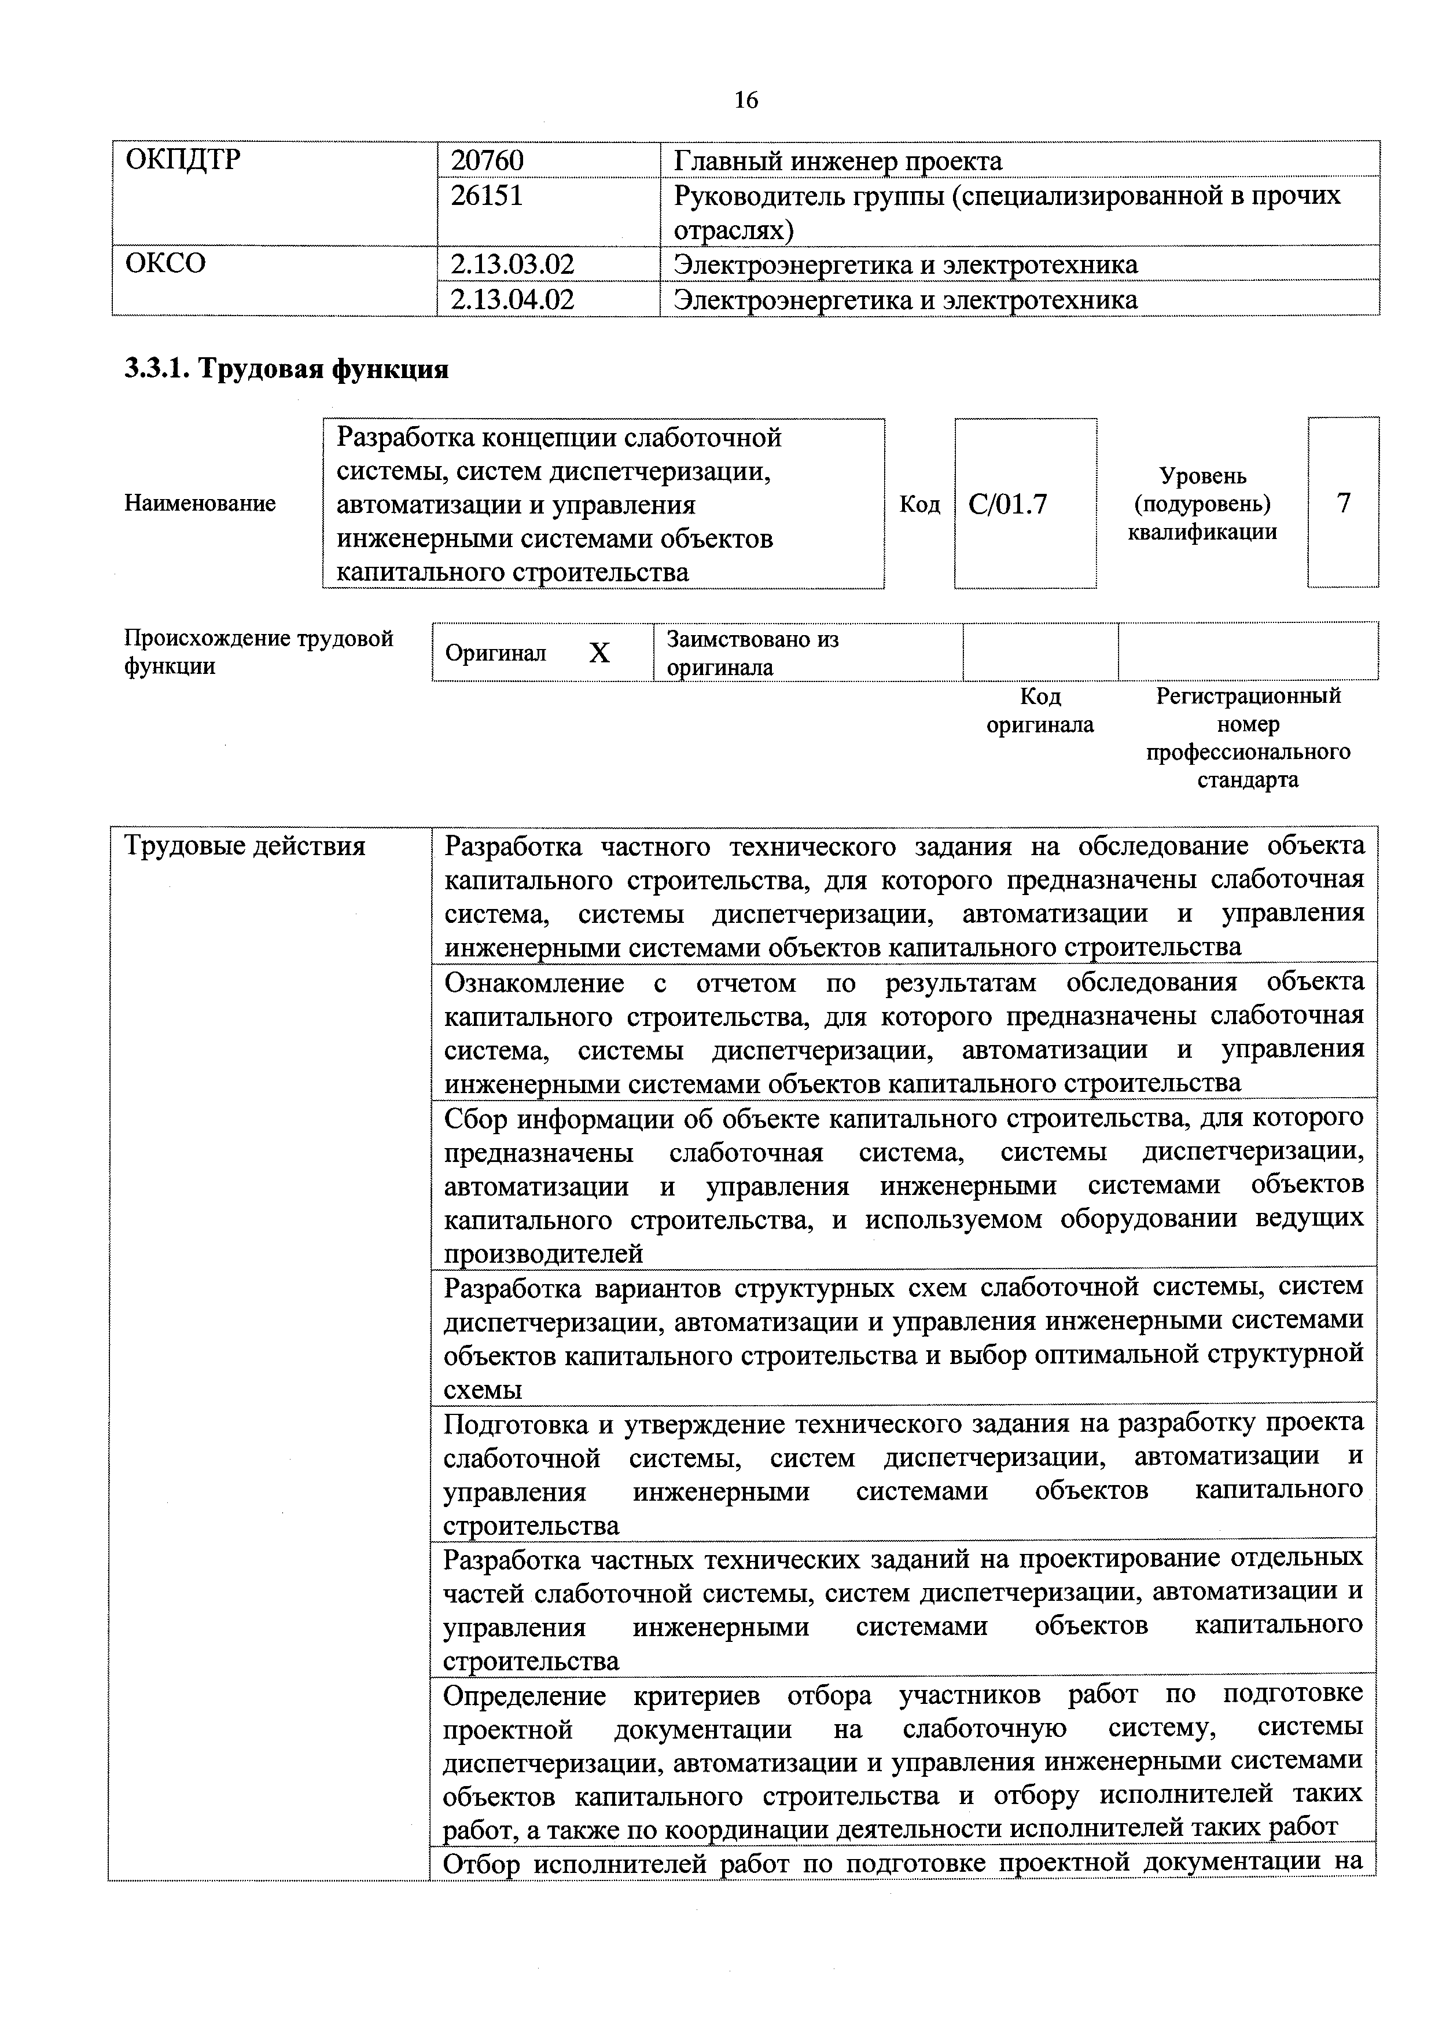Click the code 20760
487,160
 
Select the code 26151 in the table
487,195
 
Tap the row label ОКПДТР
183,160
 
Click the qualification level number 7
1343,503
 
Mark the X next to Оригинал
599,653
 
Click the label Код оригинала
1040,710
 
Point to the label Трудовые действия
245,846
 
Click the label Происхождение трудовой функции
258,652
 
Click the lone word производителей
543,1253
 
